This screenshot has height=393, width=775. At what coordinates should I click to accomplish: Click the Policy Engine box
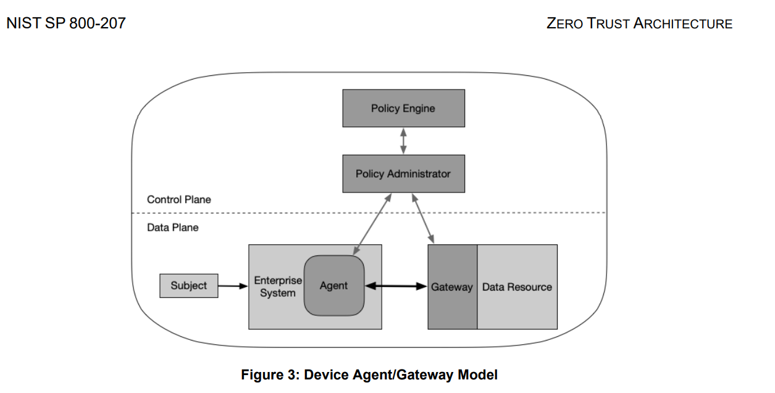click(403, 109)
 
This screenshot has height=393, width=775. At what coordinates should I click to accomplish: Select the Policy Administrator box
click(403, 174)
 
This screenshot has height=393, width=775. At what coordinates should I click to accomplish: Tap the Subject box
click(189, 286)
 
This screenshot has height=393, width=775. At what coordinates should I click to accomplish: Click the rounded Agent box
click(334, 286)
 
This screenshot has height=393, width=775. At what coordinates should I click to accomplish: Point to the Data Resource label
click(517, 287)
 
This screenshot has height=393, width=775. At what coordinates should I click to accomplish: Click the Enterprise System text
click(278, 287)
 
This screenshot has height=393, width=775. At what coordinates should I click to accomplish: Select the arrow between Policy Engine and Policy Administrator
click(403, 141)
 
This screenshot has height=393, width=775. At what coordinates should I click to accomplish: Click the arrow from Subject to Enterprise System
click(233, 286)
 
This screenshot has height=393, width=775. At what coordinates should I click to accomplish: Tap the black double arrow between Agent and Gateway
click(396, 286)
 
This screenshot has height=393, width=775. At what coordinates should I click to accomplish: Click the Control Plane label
click(178, 200)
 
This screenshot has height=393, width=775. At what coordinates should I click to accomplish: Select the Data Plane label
click(173, 228)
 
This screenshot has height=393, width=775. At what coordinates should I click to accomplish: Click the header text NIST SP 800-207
click(65, 23)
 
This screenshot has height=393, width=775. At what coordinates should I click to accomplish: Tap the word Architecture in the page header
click(683, 24)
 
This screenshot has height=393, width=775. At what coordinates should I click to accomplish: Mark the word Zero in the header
click(563, 24)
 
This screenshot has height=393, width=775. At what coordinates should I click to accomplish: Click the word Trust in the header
click(608, 24)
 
